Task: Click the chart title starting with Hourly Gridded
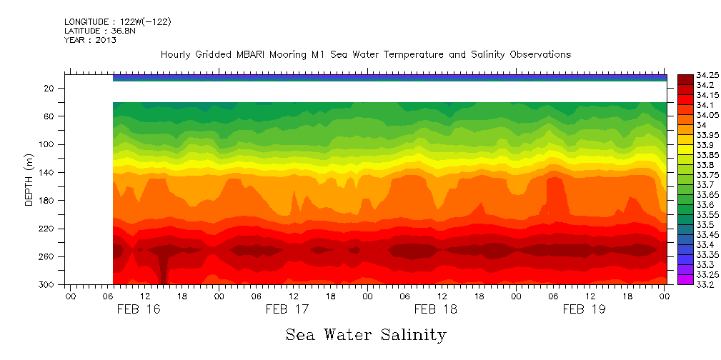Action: tap(365, 55)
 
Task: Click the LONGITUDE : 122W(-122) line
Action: tap(117, 22)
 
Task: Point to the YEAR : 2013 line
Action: tap(90, 40)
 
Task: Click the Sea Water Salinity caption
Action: tap(366, 334)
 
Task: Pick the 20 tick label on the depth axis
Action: tap(50, 88)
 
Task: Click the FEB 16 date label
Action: tap(139, 309)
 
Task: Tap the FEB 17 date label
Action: tap(287, 309)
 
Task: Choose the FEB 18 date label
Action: tap(435, 309)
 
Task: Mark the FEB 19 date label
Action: tap(584, 309)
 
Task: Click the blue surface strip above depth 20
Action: tap(389, 78)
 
